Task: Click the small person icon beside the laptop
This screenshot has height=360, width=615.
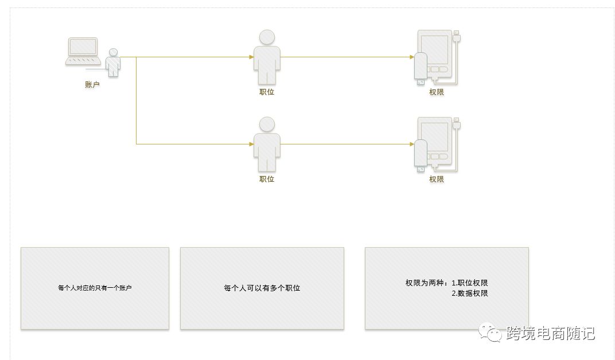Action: (114, 62)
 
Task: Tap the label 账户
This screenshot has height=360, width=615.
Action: (92, 85)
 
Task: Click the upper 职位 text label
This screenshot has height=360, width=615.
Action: (267, 92)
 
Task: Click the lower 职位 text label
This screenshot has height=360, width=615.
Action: (267, 179)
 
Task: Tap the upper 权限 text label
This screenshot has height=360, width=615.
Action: (437, 92)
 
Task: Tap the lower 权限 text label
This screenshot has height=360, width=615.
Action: (437, 179)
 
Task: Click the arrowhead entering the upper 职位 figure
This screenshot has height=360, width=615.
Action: (251, 57)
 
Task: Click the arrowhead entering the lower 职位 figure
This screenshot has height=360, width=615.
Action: (251, 144)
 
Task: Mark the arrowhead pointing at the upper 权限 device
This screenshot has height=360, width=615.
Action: (412, 57)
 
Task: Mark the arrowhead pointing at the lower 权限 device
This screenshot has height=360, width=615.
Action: (412, 144)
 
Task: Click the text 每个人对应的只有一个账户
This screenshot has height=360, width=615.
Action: (95, 288)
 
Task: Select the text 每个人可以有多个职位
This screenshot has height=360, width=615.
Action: (262, 288)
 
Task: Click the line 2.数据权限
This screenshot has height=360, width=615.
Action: (469, 294)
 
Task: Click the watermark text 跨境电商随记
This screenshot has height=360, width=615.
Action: (550, 333)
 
